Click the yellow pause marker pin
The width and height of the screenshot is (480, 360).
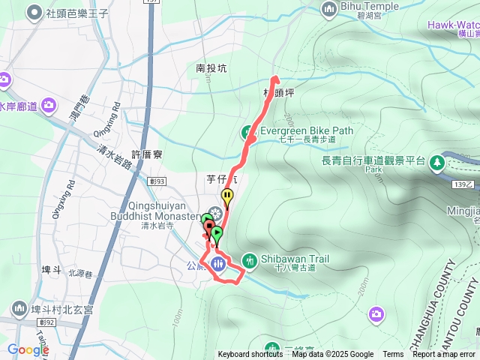tap(226, 196)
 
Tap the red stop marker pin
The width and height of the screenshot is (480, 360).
tap(208, 226)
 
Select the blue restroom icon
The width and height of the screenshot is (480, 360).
tap(218, 263)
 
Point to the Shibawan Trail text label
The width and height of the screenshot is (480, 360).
tap(295, 259)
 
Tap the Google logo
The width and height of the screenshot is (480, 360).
tap(28, 349)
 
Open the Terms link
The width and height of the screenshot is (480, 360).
tap(393, 355)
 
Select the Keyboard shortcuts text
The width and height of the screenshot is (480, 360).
tap(250, 355)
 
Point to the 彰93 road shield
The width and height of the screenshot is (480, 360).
tap(156, 180)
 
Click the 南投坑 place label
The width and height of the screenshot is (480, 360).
tap(211, 68)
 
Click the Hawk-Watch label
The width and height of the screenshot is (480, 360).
tap(453, 25)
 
